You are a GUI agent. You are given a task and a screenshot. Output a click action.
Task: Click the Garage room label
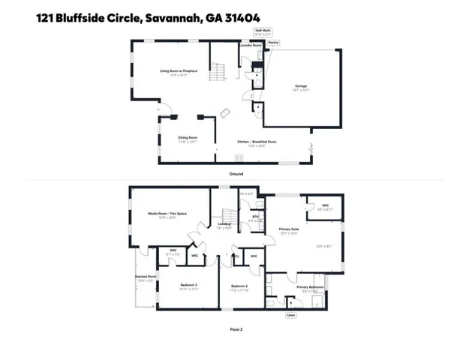tap(300, 87)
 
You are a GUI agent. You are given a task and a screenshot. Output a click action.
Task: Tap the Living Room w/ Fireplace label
tap(173, 71)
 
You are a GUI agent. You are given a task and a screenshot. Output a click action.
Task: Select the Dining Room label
tap(187, 138)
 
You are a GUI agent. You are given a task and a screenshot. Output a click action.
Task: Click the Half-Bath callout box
tap(263, 33)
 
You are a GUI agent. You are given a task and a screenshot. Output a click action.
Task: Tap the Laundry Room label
tap(250, 46)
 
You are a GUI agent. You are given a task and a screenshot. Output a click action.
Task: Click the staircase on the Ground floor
tap(217, 73)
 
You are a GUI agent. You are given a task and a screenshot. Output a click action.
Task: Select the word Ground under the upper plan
tap(236, 174)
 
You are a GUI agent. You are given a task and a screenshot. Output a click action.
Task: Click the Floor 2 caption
tap(236, 328)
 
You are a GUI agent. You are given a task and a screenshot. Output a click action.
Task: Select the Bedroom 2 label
tap(239, 286)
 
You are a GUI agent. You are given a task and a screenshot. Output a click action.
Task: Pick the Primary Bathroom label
tap(310, 287)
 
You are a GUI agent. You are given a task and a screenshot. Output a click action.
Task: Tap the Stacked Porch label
tap(146, 277)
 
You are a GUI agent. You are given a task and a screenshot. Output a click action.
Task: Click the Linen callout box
tap(291, 316)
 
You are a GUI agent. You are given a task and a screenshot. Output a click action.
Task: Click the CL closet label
tap(237, 256)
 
